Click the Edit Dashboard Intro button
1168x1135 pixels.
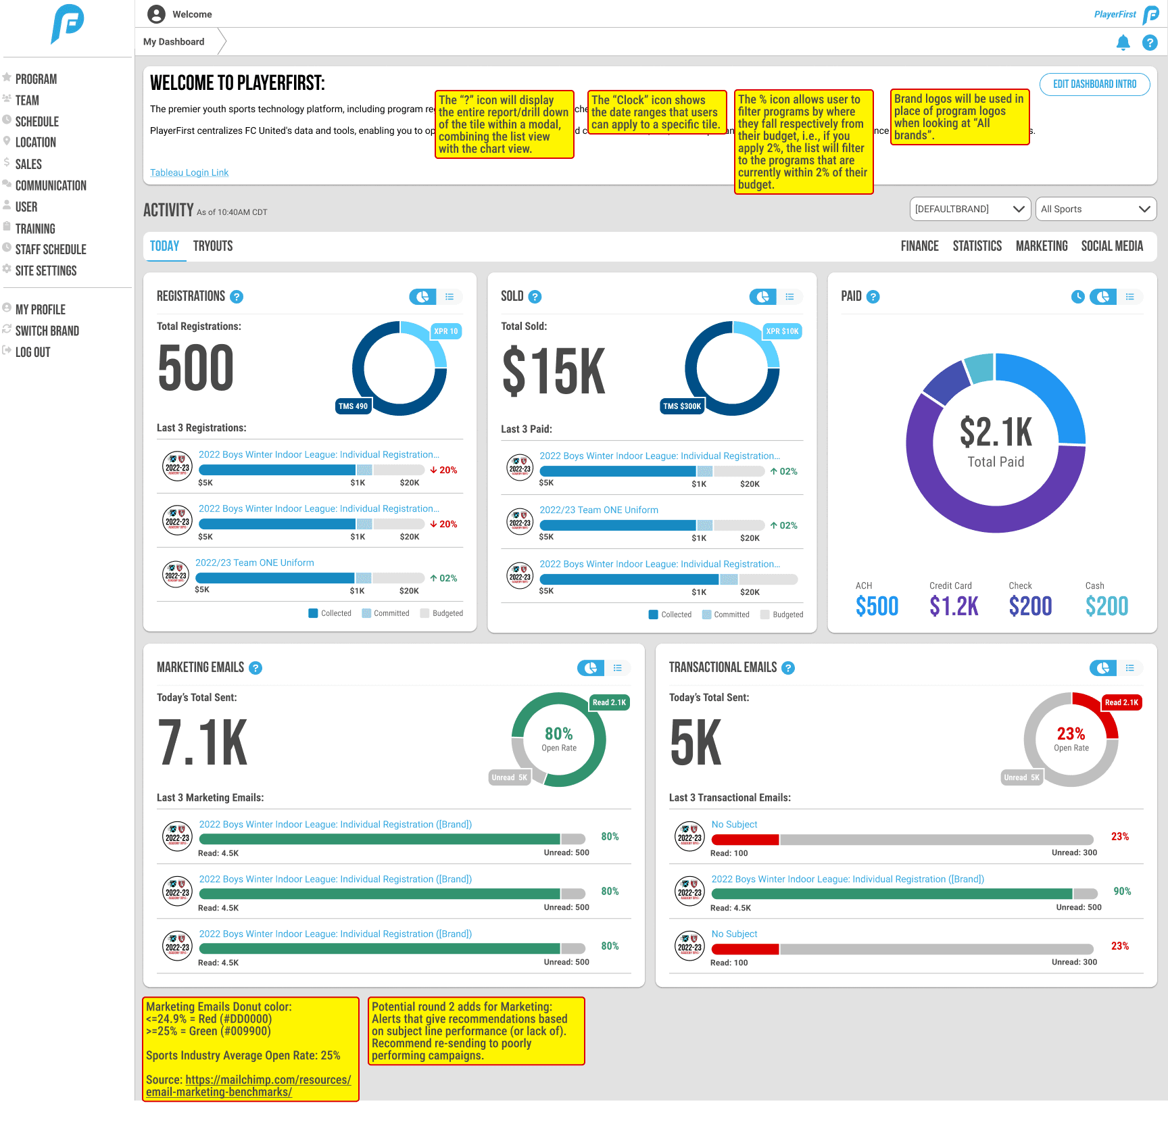[1094, 84]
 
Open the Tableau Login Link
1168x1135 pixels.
[189, 172]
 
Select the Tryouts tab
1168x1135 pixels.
[213, 246]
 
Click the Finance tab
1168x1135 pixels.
[919, 246]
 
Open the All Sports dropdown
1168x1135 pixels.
[1095, 209]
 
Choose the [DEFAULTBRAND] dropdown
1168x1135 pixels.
[969, 209]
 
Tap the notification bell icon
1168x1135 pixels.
[1123, 43]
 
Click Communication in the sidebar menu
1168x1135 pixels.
[51, 185]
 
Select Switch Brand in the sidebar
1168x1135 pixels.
[47, 331]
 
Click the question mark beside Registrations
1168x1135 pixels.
[237, 297]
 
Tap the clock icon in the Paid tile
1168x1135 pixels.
[1078, 297]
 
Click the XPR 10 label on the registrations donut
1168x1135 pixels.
[445, 331]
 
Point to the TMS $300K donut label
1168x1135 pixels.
[682, 406]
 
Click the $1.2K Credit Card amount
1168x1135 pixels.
[954, 606]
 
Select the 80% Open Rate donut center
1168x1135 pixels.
[559, 738]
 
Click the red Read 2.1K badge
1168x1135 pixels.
[1121, 702]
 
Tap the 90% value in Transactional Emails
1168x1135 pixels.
[1122, 892]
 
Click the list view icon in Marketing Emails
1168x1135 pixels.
[618, 668]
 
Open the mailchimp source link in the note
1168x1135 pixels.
[249, 1086]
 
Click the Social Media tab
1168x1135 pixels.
[1112, 246]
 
